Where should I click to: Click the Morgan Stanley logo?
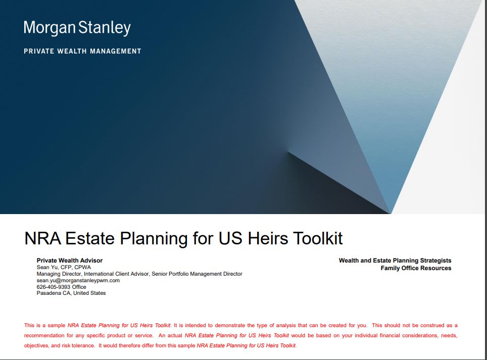(x=77, y=28)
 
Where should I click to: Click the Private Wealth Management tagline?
(x=83, y=51)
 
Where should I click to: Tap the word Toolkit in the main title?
(x=318, y=238)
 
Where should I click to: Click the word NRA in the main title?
(x=43, y=238)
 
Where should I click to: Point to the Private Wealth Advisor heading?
(x=70, y=261)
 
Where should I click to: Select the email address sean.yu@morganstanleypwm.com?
(x=78, y=280)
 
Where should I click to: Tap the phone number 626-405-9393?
(x=54, y=287)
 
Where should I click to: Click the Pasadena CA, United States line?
(x=71, y=293)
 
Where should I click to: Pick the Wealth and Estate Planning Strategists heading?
(x=395, y=261)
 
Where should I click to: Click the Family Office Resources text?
(x=416, y=268)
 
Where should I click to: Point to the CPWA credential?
(x=83, y=267)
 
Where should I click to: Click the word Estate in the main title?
(x=90, y=238)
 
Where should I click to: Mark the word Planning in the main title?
(x=154, y=238)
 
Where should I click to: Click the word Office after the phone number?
(x=79, y=287)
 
